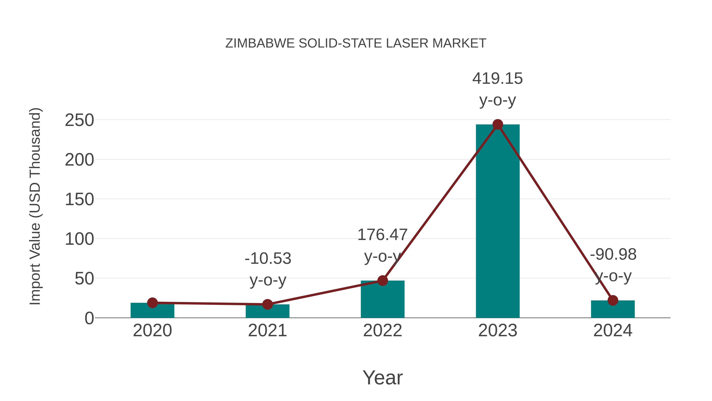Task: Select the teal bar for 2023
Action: [498, 221]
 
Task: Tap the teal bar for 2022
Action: [383, 300]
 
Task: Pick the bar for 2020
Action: [152, 311]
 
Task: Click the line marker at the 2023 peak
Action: [498, 125]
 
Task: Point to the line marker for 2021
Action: [267, 304]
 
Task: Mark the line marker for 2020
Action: [152, 303]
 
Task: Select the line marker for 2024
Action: [613, 300]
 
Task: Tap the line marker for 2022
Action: [383, 281]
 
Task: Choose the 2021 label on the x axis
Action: [267, 331]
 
